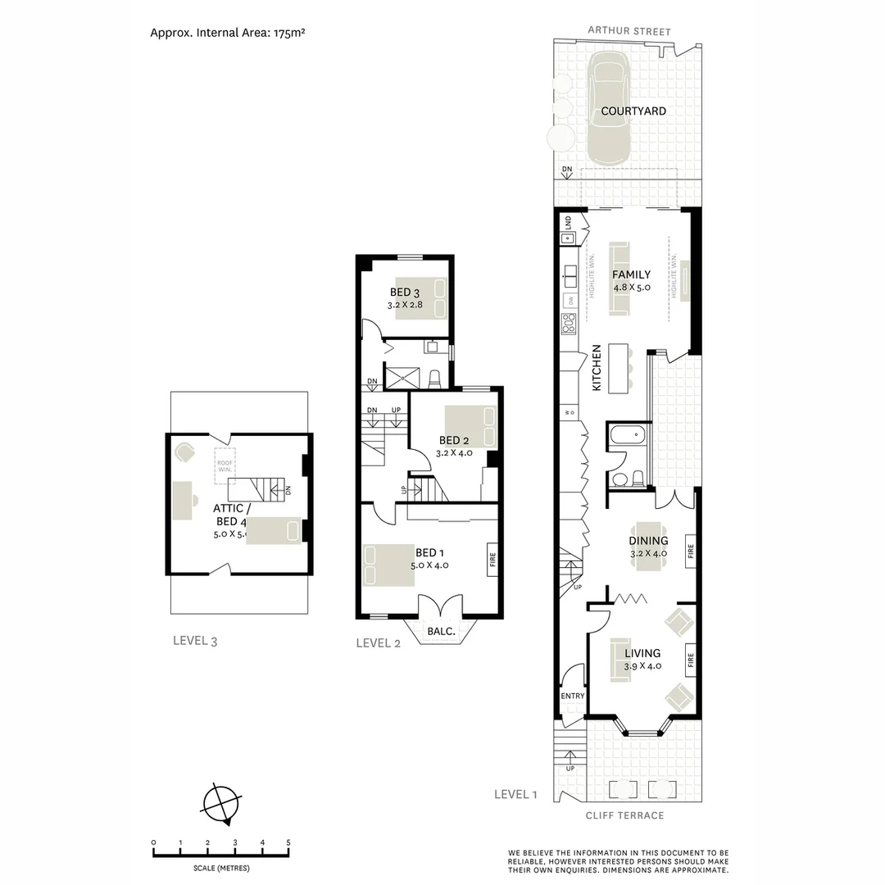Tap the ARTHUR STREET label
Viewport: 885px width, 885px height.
point(629,32)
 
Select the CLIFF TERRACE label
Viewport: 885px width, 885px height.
point(624,815)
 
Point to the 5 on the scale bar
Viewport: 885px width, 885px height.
point(288,842)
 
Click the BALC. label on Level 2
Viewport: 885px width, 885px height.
point(442,632)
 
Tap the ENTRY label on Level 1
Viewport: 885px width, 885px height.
point(573,697)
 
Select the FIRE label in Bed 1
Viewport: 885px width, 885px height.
point(492,560)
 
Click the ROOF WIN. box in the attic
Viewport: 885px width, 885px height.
point(225,463)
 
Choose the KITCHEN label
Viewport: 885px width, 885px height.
point(597,366)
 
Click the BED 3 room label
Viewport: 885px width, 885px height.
point(405,293)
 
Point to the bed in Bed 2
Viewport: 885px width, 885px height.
point(470,426)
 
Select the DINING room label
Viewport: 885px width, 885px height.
point(648,541)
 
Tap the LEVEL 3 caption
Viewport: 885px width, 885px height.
point(195,641)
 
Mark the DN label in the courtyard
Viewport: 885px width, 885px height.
point(566,170)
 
